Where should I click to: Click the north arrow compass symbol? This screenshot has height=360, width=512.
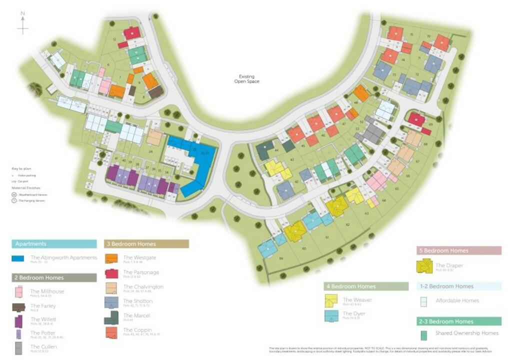(23, 24)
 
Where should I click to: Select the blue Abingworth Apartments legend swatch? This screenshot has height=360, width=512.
(18, 258)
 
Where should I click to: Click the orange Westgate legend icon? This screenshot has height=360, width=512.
(111, 258)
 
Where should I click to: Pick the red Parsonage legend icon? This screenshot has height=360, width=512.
(111, 273)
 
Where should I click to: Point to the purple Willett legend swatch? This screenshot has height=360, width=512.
(18, 321)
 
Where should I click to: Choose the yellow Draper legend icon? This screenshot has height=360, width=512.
(424, 266)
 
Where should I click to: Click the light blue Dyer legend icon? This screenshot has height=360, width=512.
(331, 316)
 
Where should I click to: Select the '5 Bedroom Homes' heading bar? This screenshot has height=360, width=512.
(458, 250)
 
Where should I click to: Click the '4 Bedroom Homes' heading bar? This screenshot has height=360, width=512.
(366, 286)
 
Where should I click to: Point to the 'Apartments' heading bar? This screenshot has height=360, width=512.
(54, 244)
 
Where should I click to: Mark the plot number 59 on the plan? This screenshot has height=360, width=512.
(281, 258)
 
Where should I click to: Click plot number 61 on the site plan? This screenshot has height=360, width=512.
(327, 237)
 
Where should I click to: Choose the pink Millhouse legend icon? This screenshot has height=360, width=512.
(18, 292)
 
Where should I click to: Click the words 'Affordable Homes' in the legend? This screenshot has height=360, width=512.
(457, 300)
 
